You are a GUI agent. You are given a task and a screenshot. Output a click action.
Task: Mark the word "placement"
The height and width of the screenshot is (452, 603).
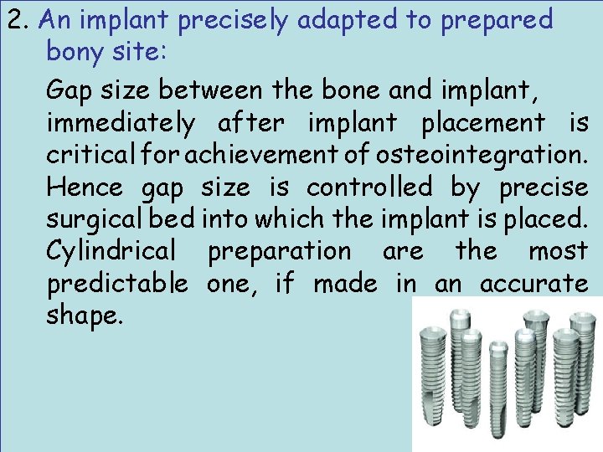[x=481, y=124]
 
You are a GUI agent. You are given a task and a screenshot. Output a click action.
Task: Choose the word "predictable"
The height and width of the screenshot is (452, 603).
[x=117, y=285]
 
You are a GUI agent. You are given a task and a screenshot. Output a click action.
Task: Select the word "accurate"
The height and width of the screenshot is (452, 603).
[x=534, y=285]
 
